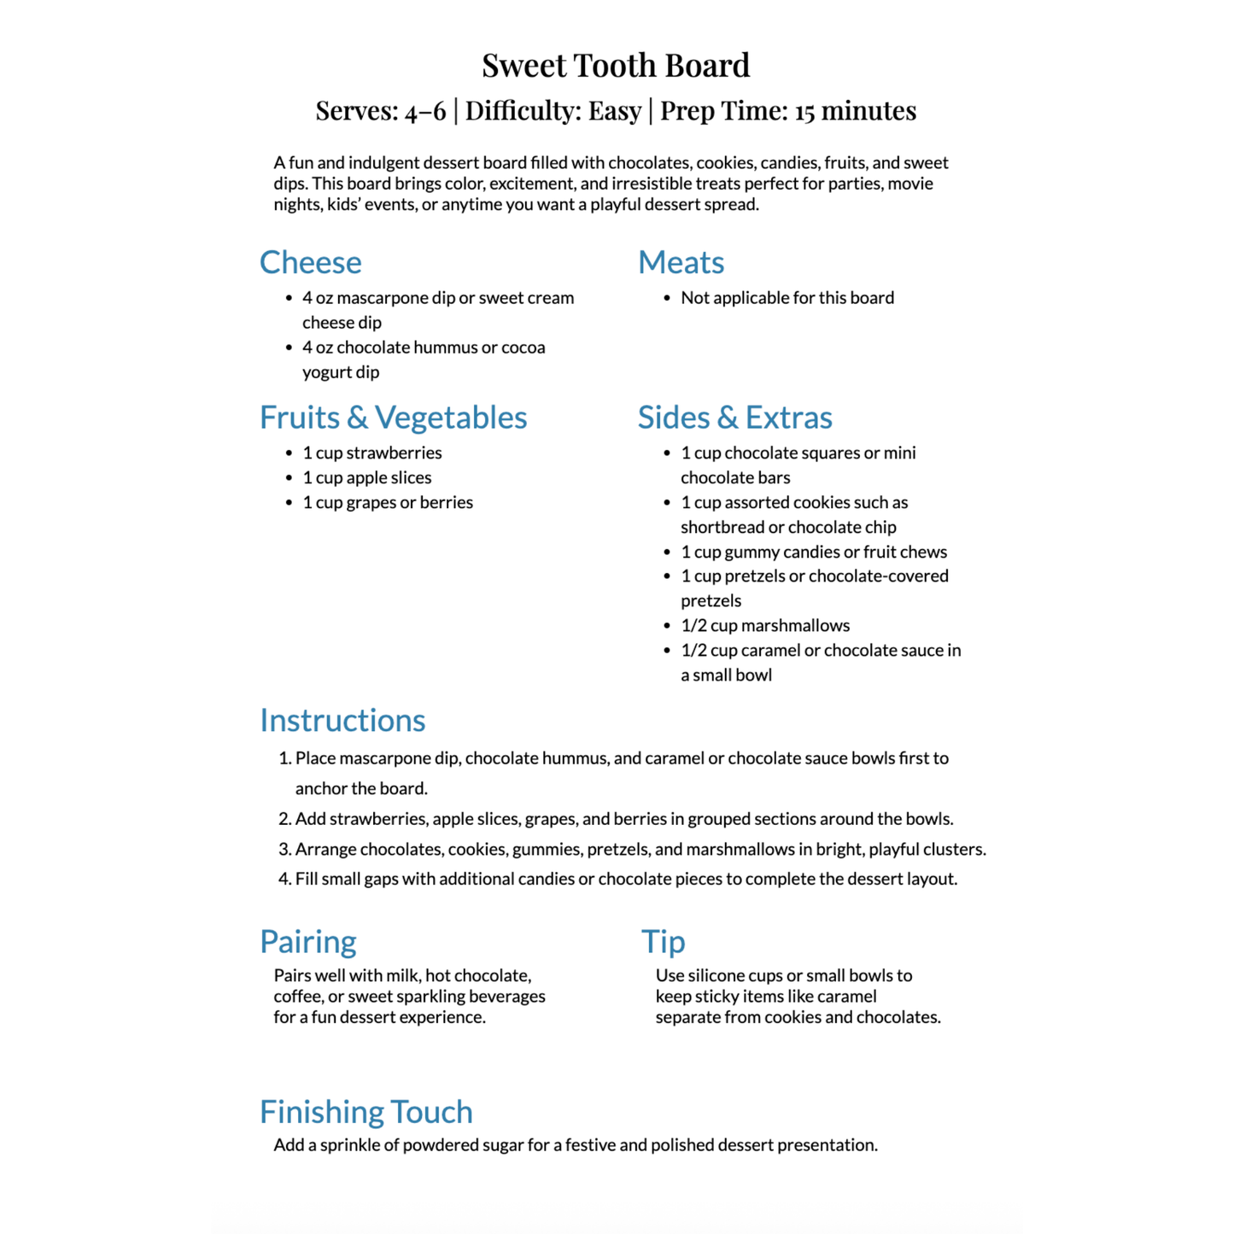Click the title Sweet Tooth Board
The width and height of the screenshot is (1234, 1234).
tap(616, 65)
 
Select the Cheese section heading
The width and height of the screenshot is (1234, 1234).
tap(311, 262)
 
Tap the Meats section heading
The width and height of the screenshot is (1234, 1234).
tap(681, 262)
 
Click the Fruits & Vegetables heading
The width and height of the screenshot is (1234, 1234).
tap(393, 418)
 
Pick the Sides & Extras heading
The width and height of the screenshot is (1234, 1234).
tap(734, 418)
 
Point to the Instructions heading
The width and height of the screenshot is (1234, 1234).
tap(342, 721)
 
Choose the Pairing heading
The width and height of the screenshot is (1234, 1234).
tap(308, 941)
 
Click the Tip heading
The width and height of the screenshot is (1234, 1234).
tap(664, 941)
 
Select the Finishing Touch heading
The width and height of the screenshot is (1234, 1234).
tap(366, 1112)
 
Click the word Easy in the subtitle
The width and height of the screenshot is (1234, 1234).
tap(614, 111)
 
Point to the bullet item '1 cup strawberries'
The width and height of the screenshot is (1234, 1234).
tap(372, 453)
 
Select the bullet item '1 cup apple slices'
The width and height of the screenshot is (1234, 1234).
tap(367, 477)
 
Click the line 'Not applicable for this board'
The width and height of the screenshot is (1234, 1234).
tap(787, 298)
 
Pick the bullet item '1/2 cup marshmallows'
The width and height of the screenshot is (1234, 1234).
tap(765, 625)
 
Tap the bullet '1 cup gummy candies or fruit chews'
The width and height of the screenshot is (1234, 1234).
tap(814, 552)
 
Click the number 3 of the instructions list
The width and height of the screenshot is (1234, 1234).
tap(285, 849)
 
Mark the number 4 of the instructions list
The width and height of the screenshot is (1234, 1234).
tap(285, 879)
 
